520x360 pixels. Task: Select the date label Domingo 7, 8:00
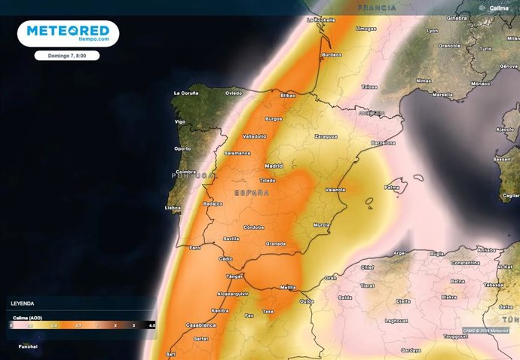coord(67,56)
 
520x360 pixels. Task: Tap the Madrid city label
coord(274,166)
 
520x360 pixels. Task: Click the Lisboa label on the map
coord(173,207)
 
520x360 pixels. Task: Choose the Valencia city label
coord(336,190)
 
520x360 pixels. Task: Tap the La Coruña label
coord(185,93)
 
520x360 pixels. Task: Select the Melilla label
coord(288,287)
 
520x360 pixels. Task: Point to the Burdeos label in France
coord(332,55)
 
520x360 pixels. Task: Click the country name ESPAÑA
coord(252,194)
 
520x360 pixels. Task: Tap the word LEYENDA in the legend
coord(21,304)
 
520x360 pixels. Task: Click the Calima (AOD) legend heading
coord(26,317)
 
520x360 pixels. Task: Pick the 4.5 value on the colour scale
coord(152,325)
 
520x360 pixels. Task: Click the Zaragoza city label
coord(326,137)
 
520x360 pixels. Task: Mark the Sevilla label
coord(231,239)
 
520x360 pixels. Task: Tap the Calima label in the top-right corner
coord(499,8)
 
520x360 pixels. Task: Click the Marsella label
coord(443,95)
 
